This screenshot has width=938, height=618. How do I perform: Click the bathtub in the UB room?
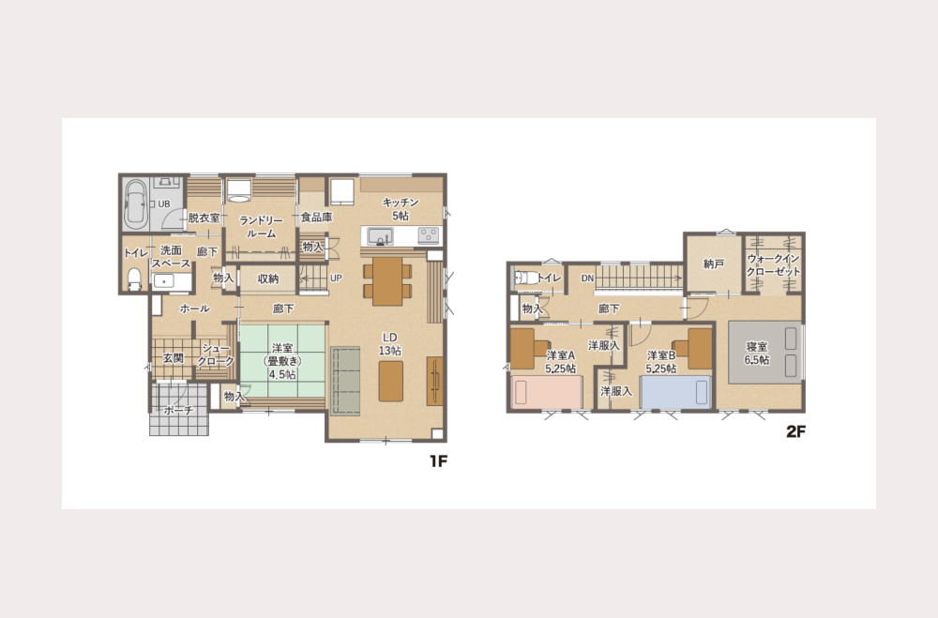pos(136,204)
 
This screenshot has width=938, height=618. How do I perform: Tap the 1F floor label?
pos(438,460)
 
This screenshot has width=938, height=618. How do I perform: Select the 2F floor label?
pos(795,430)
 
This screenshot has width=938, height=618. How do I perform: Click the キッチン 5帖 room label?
pos(401,209)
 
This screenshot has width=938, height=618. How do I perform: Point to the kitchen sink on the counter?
pos(380,235)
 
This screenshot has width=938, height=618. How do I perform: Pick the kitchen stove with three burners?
pos(429,235)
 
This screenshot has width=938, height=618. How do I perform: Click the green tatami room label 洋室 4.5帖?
pos(282,361)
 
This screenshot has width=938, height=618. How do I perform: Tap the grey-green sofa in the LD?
pos(345,381)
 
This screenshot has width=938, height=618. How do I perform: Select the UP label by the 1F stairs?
pos(336,279)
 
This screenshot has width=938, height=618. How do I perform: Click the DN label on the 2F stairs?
pos(587,279)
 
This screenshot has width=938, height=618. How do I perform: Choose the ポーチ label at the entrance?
pos(178,410)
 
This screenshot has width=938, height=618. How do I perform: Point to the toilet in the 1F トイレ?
pos(134,279)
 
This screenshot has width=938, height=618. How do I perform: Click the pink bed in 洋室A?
pos(547,392)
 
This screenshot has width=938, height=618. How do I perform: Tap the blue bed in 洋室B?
pos(675,392)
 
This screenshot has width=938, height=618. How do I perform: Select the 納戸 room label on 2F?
pos(713,264)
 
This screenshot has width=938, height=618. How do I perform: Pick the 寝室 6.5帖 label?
pos(757,353)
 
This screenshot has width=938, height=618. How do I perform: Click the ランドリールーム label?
pos(261,227)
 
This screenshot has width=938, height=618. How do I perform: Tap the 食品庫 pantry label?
pos(316,218)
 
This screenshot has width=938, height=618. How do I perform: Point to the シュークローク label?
pos(216,354)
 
